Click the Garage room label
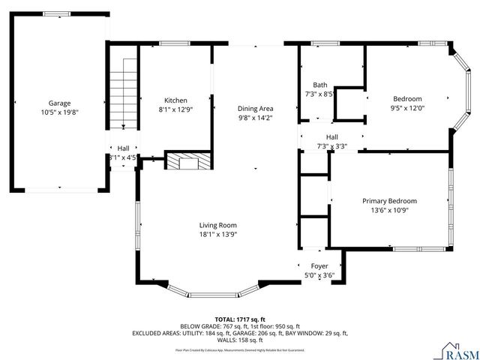pyautogui.click(x=59, y=103)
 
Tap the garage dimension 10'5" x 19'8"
pyautogui.click(x=59, y=112)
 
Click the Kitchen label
pyautogui.click(x=176, y=100)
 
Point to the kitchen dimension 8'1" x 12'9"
pyautogui.click(x=176, y=109)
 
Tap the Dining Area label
pyautogui.click(x=255, y=108)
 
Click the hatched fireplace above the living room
pyautogui.click(x=181, y=162)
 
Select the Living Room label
pyautogui.click(x=218, y=225)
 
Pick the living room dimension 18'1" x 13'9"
pyautogui.click(x=218, y=235)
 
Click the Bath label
pyautogui.click(x=320, y=85)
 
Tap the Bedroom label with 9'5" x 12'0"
pyautogui.click(x=408, y=99)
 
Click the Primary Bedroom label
pyautogui.click(x=389, y=201)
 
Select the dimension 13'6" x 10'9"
pyautogui.click(x=389, y=211)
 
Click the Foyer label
pyautogui.click(x=319, y=266)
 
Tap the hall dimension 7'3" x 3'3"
pyautogui.click(x=331, y=146)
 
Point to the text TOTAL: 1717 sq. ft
pyautogui.click(x=239, y=319)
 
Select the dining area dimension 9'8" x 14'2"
pyautogui.click(x=255, y=118)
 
